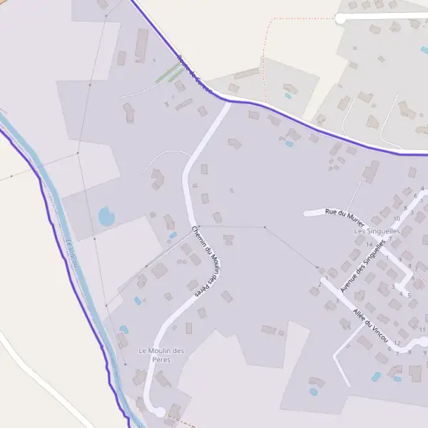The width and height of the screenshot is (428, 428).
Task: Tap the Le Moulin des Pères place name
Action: [161, 355]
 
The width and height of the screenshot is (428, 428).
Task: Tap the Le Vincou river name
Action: [71, 253]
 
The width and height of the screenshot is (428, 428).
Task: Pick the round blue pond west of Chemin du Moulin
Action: [106, 215]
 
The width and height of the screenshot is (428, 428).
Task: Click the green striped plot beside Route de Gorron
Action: [168, 73]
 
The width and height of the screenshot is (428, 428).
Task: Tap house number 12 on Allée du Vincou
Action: [397, 343]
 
